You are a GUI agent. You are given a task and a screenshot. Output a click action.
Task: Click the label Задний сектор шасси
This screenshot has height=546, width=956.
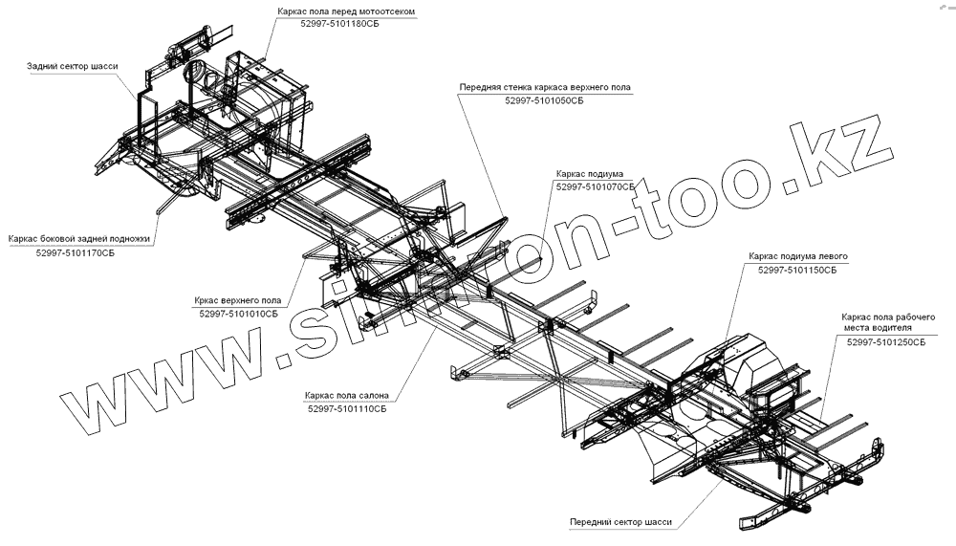(x=73, y=68)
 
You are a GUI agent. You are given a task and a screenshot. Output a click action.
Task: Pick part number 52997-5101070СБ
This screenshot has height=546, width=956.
(x=595, y=187)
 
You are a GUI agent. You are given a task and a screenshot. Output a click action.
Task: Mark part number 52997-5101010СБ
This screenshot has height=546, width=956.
(x=239, y=313)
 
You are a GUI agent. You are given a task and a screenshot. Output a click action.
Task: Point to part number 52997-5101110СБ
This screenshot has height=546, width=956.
(x=347, y=408)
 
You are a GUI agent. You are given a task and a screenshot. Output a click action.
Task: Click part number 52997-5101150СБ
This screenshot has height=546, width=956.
(x=797, y=271)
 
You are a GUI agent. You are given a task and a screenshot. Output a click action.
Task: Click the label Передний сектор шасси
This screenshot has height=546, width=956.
(x=620, y=523)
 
